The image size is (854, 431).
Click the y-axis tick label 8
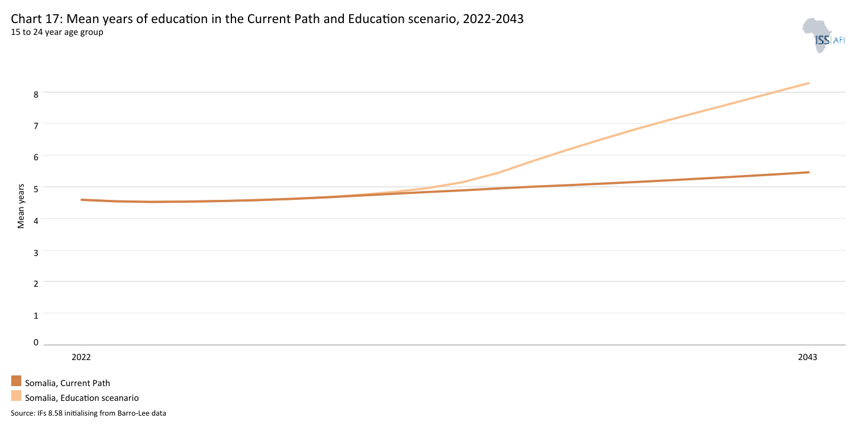[x=36, y=93]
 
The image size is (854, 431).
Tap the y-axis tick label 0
[x=36, y=342]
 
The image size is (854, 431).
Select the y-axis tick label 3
[x=36, y=252]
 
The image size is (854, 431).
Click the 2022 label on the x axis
[x=81, y=357]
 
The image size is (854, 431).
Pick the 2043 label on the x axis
[x=808, y=357]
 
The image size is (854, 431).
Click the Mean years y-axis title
[x=21, y=206]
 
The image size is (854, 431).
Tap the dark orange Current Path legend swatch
[x=16, y=381]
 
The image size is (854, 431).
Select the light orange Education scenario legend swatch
[x=16, y=396]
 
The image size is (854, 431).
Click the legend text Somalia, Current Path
[x=67, y=383]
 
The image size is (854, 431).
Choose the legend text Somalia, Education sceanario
[x=82, y=398]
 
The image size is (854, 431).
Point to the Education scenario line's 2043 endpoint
[x=808, y=83]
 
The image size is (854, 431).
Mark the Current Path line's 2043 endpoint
[x=808, y=173]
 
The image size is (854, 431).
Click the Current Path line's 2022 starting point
[x=82, y=200]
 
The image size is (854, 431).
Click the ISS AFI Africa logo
[x=822, y=36]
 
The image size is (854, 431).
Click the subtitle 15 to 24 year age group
[x=57, y=32]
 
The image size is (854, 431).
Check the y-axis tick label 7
[x=36, y=125]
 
